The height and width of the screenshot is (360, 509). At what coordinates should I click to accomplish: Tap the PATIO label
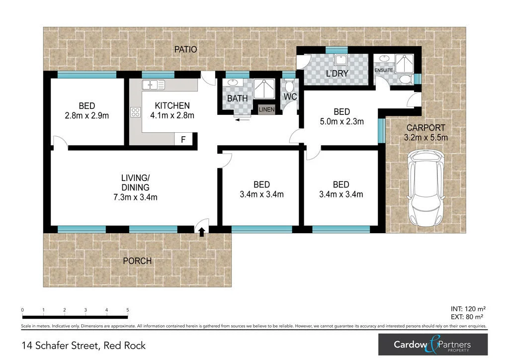pyautogui.click(x=185, y=50)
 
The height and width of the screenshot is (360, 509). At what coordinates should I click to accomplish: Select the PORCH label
pyautogui.click(x=137, y=261)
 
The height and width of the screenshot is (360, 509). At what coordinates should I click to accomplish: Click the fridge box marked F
pyautogui.click(x=183, y=140)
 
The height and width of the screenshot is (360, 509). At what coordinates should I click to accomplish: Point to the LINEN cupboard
pyautogui.click(x=266, y=110)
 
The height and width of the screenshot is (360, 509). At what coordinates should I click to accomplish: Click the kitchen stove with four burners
pyautogui.click(x=135, y=112)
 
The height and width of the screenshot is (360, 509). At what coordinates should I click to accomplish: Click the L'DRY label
pyautogui.click(x=337, y=74)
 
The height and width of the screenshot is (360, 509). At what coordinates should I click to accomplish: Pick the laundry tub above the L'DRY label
pyautogui.click(x=340, y=60)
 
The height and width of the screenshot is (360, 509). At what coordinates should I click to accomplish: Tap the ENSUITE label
pyautogui.click(x=384, y=71)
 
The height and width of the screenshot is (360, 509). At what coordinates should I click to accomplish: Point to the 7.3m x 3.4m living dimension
pyautogui.click(x=135, y=197)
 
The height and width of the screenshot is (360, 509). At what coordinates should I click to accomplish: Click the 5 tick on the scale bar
pyautogui.click(x=128, y=310)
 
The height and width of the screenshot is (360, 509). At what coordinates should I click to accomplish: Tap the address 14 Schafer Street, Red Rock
pyautogui.click(x=84, y=345)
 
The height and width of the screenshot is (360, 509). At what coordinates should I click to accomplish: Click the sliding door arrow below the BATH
pyautogui.click(x=243, y=120)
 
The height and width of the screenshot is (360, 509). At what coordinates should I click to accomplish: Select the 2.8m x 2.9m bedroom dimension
pyautogui.click(x=87, y=115)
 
